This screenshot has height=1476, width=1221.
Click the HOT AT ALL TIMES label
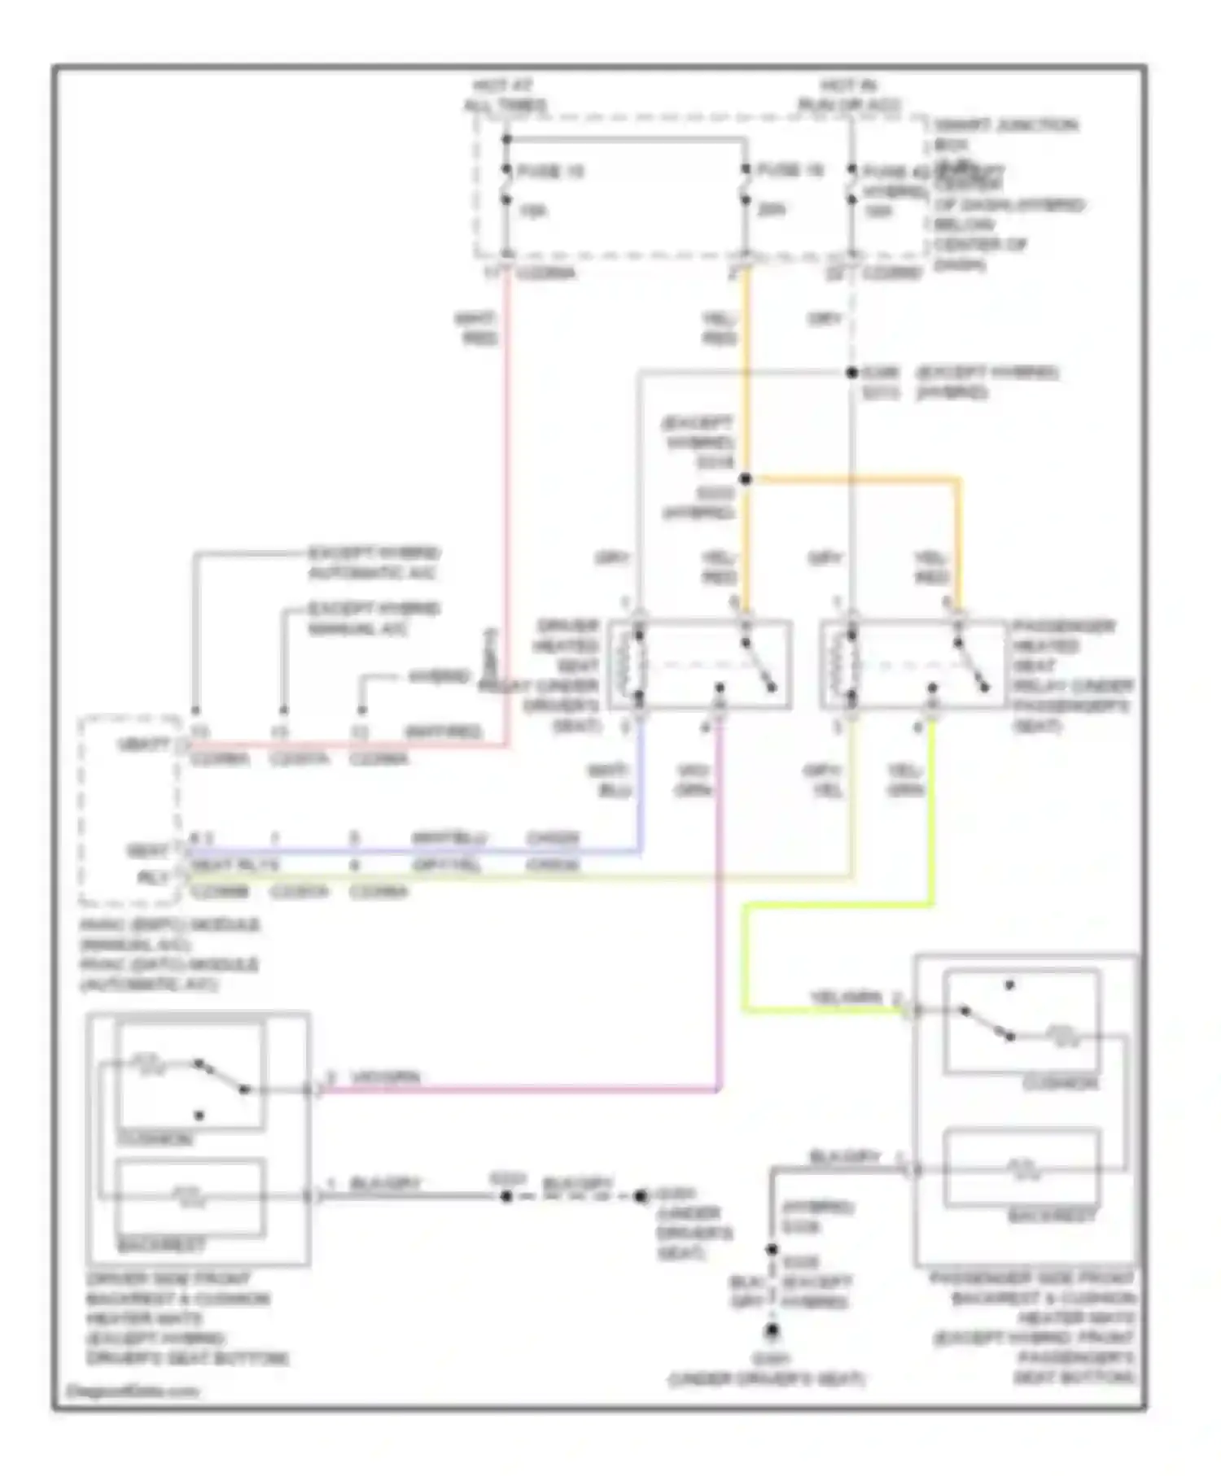pyautogui.click(x=505, y=95)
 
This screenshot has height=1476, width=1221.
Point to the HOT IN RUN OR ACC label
pyautogui.click(x=848, y=95)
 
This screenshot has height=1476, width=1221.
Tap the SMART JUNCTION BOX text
pyautogui.click(x=1005, y=134)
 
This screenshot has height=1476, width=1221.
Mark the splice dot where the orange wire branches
pyautogui.click(x=745, y=479)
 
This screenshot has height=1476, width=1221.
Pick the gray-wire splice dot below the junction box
pyautogui.click(x=851, y=373)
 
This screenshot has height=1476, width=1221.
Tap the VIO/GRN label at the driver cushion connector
pyautogui.click(x=386, y=1078)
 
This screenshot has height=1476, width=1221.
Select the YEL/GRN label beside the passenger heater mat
pyautogui.click(x=845, y=998)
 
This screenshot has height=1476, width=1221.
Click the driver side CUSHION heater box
pyautogui.click(x=191, y=1076)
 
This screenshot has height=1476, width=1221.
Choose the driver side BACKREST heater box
pyautogui.click(x=191, y=1196)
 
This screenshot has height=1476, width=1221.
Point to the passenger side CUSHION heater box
pyautogui.click(x=1022, y=1022)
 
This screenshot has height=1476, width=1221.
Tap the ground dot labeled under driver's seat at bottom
pyautogui.click(x=771, y=1331)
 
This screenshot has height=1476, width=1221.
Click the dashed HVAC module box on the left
pyautogui.click(x=129, y=810)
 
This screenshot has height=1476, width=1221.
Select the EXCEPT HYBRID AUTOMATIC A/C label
pyautogui.click(x=373, y=563)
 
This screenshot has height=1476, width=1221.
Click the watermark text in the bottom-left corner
pyautogui.click(x=132, y=1391)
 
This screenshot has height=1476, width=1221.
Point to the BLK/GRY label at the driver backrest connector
pyautogui.click(x=385, y=1185)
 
